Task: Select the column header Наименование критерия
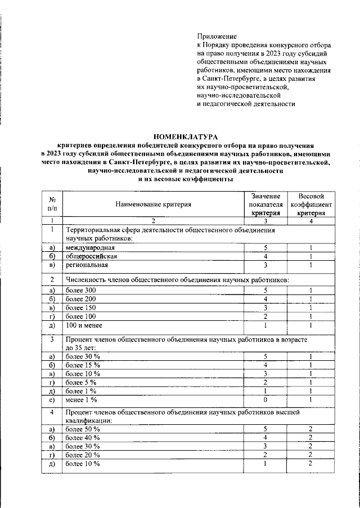click(154, 205)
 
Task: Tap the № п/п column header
click(52, 205)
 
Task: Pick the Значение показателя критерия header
click(265, 205)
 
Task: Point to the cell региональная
click(87, 265)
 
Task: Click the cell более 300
click(81, 290)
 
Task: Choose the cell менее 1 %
click(82, 400)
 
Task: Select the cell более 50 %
click(83, 429)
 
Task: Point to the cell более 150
click(81, 307)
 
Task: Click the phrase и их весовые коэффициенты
click(185, 179)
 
